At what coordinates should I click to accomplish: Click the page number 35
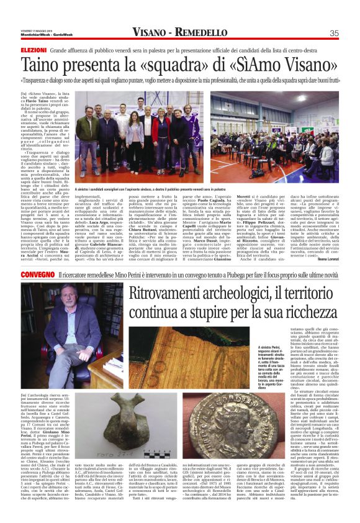click(x=333, y=32)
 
